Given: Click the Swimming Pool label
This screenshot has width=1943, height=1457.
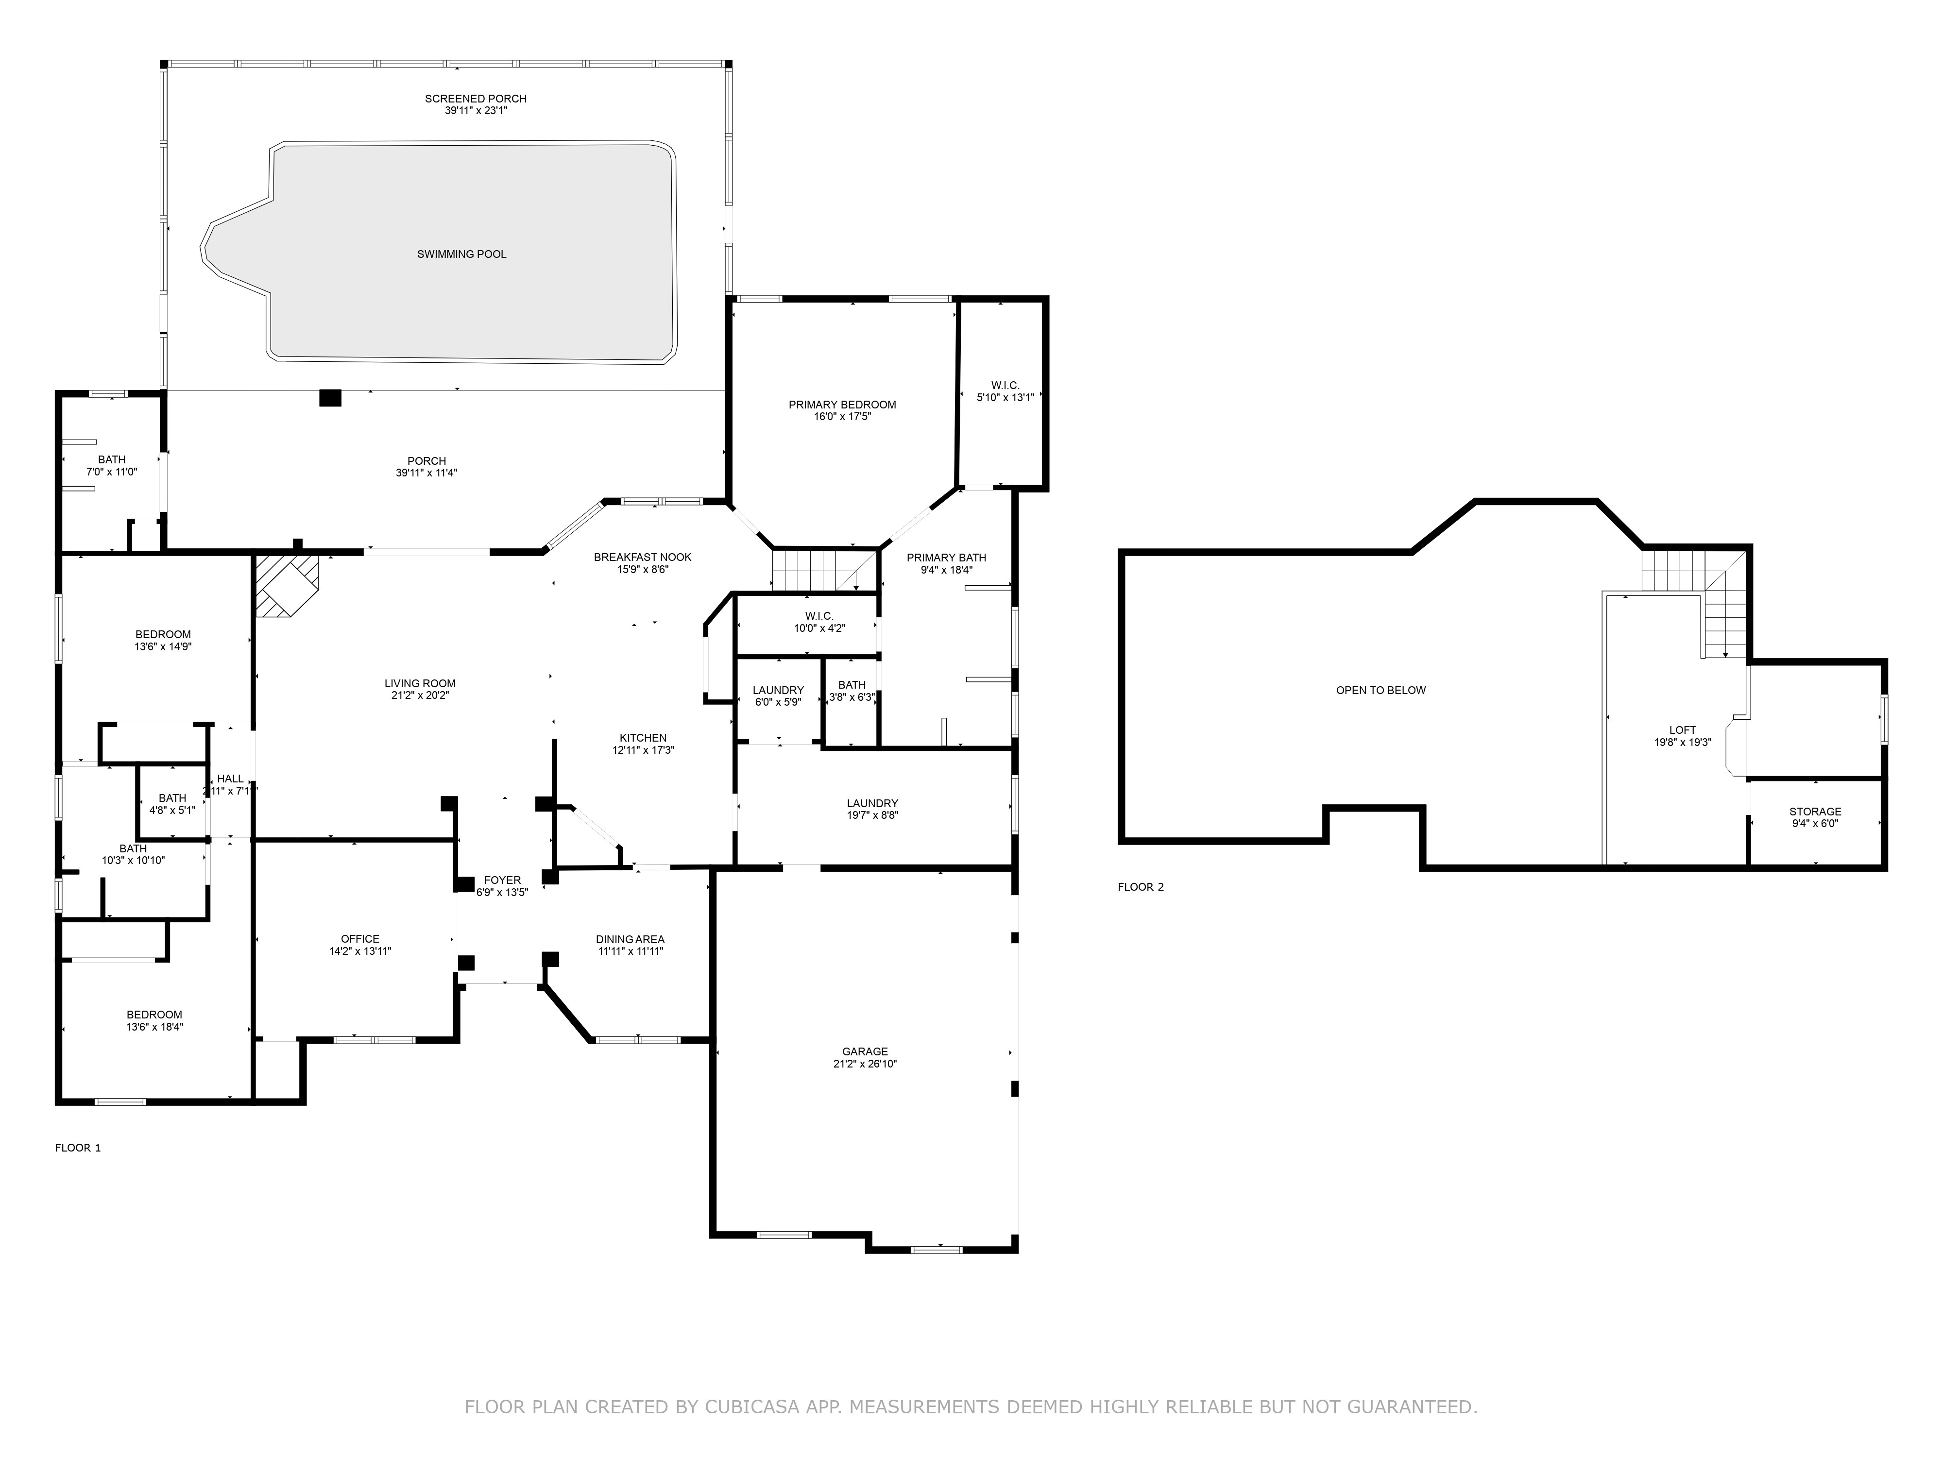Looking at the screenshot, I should click(461, 254).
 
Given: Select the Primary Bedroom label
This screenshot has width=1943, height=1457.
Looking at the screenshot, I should click(841, 405).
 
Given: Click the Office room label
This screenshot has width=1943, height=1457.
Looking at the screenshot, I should click(360, 939).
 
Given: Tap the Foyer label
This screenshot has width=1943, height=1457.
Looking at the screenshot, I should click(502, 880).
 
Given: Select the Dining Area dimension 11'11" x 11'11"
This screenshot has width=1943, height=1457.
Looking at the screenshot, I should click(630, 951).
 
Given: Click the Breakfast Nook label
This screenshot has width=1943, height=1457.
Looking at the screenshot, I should click(642, 557).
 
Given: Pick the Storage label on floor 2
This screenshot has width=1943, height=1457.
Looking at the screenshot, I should click(1815, 812).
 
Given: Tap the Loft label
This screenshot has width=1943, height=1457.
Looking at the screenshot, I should click(1682, 730).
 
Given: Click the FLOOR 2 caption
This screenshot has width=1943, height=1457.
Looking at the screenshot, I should click(1140, 887).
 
